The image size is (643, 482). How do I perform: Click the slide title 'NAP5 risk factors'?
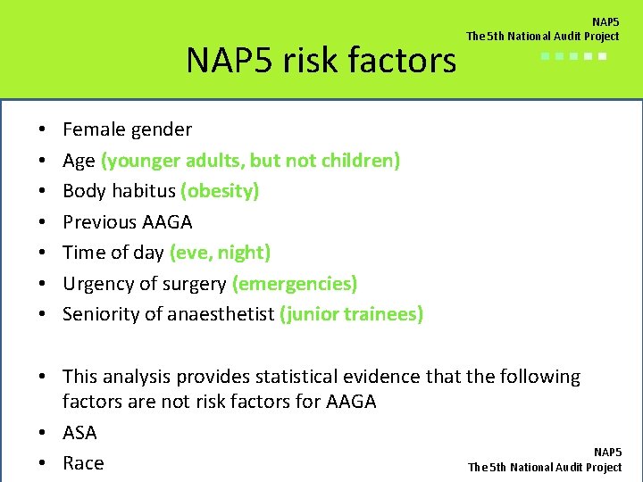[321, 60]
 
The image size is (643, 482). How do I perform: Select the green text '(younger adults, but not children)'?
[250, 161]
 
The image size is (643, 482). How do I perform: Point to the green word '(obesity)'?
[220, 191]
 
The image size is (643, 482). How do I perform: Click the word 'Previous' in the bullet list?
[100, 221]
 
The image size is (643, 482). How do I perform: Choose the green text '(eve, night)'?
[220, 253]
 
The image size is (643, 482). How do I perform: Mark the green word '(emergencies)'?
[294, 284]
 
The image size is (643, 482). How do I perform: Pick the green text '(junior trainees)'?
[351, 314]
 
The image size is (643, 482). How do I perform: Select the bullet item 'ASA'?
[79, 433]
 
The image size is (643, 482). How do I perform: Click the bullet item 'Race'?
[83, 463]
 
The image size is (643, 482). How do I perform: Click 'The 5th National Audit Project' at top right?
[542, 36]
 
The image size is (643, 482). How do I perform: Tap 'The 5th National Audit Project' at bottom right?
[545, 467]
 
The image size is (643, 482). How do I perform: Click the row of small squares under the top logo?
[573, 55]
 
